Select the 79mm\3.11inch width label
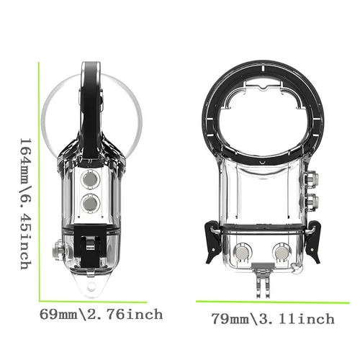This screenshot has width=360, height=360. pyautogui.click(x=272, y=318)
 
